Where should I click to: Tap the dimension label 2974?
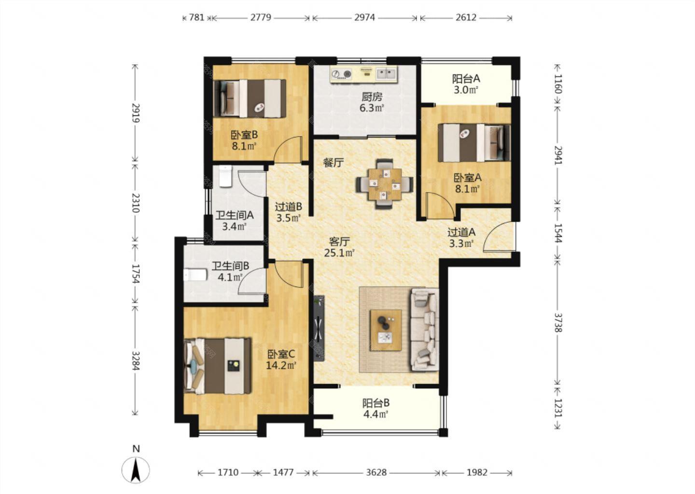364,17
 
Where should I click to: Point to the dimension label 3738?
558,323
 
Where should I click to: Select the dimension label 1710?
228,472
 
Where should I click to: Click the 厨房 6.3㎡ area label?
372,102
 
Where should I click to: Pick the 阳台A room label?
466,79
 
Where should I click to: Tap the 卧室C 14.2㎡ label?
281,359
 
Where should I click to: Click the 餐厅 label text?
334,163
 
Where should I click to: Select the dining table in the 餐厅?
384,184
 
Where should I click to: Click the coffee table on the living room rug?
386,330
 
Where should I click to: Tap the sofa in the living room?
424,329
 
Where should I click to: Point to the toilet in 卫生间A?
225,176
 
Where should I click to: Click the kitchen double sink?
386,73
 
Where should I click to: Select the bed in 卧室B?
250,98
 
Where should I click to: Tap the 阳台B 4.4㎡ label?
375,408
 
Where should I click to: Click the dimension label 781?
197,17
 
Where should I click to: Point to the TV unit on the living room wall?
319,328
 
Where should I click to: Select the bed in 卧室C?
217,366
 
